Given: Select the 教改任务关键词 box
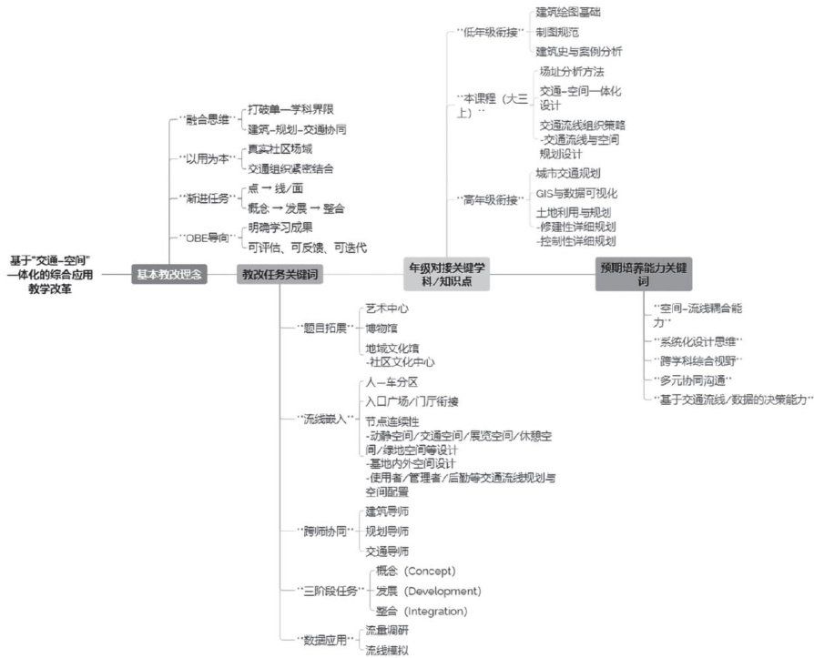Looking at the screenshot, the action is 279,272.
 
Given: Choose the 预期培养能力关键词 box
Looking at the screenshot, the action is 645,273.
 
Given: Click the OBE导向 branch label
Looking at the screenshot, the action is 206,238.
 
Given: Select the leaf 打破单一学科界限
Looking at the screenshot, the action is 289,109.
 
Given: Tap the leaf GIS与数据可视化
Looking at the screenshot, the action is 576,193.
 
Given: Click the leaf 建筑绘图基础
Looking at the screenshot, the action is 568,12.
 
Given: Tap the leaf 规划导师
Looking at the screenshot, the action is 387,531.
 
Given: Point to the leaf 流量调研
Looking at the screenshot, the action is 387,630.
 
